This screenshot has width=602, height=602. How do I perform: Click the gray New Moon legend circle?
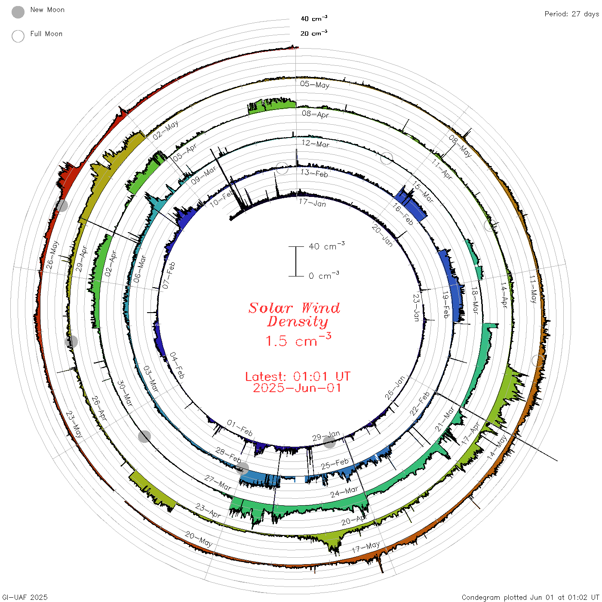18,12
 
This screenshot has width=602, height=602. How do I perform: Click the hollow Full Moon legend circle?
18,36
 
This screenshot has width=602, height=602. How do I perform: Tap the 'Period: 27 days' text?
571,14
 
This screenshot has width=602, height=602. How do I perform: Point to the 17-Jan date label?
312,203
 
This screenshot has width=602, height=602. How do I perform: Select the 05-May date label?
315,84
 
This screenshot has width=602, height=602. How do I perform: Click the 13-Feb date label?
314,173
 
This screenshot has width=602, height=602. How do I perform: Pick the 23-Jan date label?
416,307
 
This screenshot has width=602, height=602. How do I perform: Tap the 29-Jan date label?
326,436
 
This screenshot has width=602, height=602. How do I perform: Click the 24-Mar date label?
344,491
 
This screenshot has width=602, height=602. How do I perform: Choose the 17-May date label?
366,547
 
